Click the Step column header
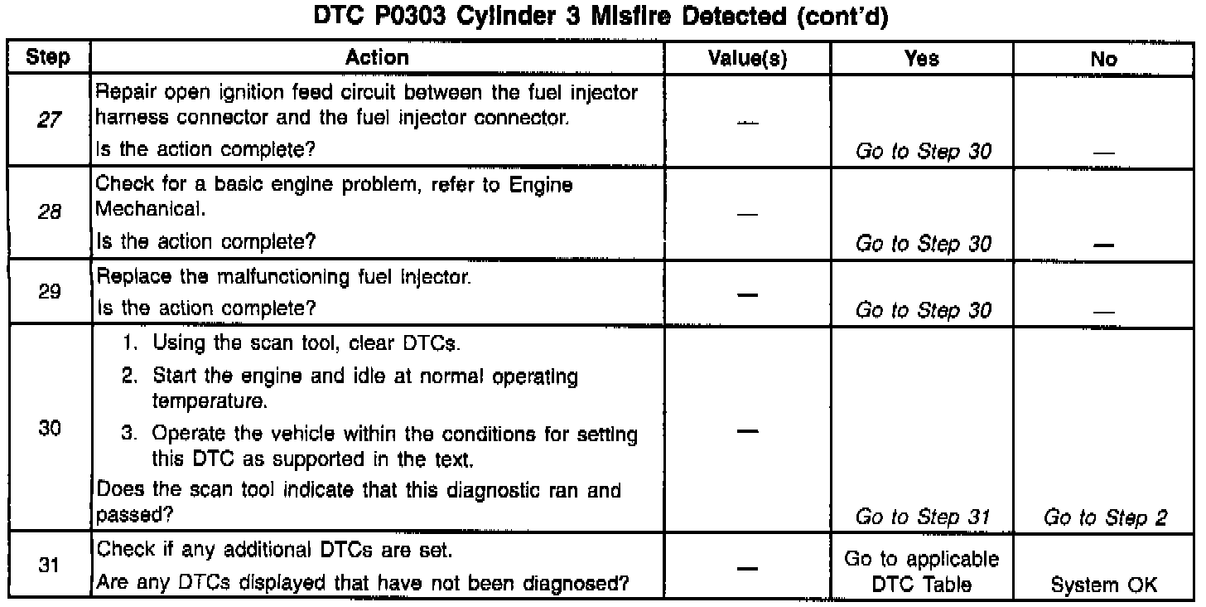[48, 58]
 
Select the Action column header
[377, 58]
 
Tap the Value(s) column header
[748, 58]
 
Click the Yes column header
[922, 58]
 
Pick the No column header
[1104, 58]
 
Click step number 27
[47, 121]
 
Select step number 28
[47, 212]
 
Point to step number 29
[47, 292]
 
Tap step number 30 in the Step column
[47, 432]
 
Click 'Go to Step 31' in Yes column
[922, 518]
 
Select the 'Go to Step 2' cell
[1105, 518]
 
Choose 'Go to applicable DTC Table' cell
[922, 571]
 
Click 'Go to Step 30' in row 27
[922, 152]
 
